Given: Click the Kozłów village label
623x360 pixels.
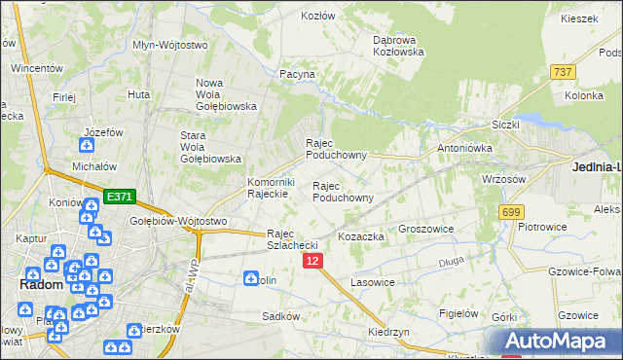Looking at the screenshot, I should tap(318, 17).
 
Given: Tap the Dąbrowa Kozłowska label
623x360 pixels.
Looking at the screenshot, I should tap(399, 46).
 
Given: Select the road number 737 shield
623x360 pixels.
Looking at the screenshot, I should tap(563, 72).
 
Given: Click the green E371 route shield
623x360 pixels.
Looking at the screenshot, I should tap(120, 198).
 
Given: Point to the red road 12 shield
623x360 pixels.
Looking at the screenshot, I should tap(312, 261).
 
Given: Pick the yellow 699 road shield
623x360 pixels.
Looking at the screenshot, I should tap(510, 211).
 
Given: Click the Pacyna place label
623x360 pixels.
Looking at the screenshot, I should tap(298, 74).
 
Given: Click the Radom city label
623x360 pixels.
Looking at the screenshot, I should tap(42, 285).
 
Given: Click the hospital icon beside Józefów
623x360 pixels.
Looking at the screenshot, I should tap(87, 146).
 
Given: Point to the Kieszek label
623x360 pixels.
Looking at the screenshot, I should tap(578, 19).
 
